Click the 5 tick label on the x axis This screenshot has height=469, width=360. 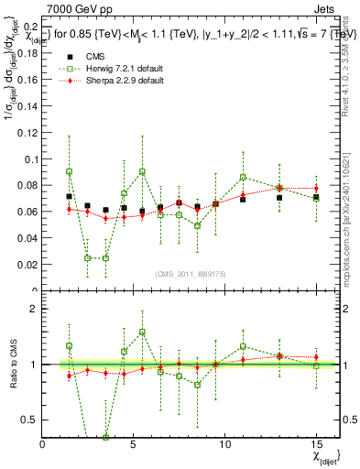[134, 444]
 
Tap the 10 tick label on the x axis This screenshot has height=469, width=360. [224, 444]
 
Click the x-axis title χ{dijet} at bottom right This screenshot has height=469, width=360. [324, 454]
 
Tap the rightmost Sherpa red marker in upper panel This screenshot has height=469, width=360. [316, 188]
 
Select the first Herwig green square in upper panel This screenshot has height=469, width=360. [70, 171]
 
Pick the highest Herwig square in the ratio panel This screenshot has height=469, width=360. [143, 333]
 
